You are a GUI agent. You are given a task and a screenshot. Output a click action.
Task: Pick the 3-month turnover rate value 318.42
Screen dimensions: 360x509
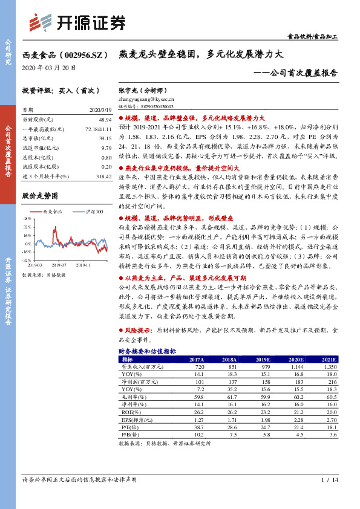pos(103,175)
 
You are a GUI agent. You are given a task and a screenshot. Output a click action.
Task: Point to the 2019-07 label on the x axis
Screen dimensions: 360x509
pos(58,265)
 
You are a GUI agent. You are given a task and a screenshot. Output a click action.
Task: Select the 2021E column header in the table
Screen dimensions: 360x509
pos(327,359)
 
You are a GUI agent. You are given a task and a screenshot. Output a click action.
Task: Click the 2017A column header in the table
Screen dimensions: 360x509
pos(196,359)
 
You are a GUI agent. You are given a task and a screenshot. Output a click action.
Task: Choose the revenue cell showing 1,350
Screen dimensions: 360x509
pos(329,366)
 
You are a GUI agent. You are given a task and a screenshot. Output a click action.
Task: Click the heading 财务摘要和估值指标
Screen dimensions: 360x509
pos(146,351)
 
